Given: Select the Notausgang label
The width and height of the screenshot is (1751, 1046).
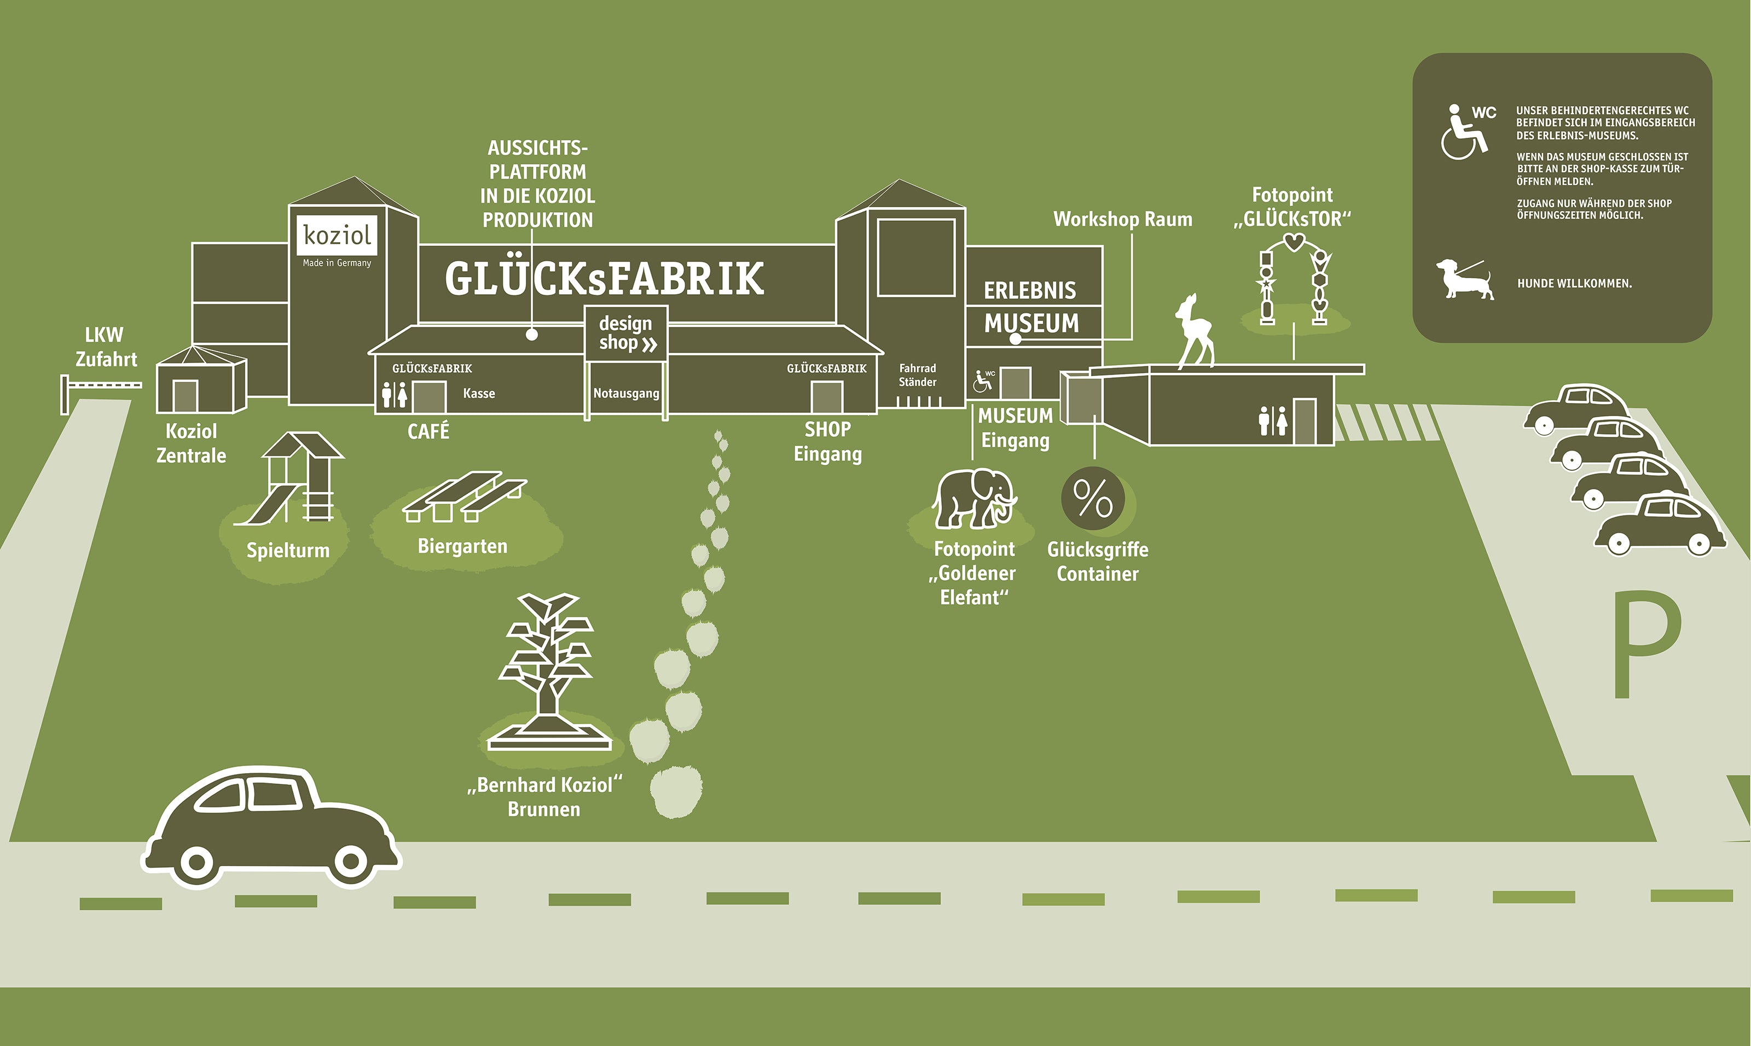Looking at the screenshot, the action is [626, 393].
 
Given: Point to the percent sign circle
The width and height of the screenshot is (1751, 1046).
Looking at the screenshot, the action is [1093, 498].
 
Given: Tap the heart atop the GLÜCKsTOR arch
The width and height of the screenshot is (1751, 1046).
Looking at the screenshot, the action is [1294, 242].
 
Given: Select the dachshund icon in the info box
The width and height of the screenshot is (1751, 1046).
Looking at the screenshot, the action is [1465, 279].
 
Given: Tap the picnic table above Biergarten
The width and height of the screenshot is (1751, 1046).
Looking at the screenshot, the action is [465, 497].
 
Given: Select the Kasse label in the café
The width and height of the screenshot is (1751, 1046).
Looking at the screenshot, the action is [479, 393].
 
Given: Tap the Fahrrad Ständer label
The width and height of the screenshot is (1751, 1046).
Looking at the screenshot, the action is [918, 375].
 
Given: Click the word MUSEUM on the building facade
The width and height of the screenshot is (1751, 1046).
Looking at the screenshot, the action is [1031, 324].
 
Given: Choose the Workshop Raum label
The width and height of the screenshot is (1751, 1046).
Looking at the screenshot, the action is [1123, 219].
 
